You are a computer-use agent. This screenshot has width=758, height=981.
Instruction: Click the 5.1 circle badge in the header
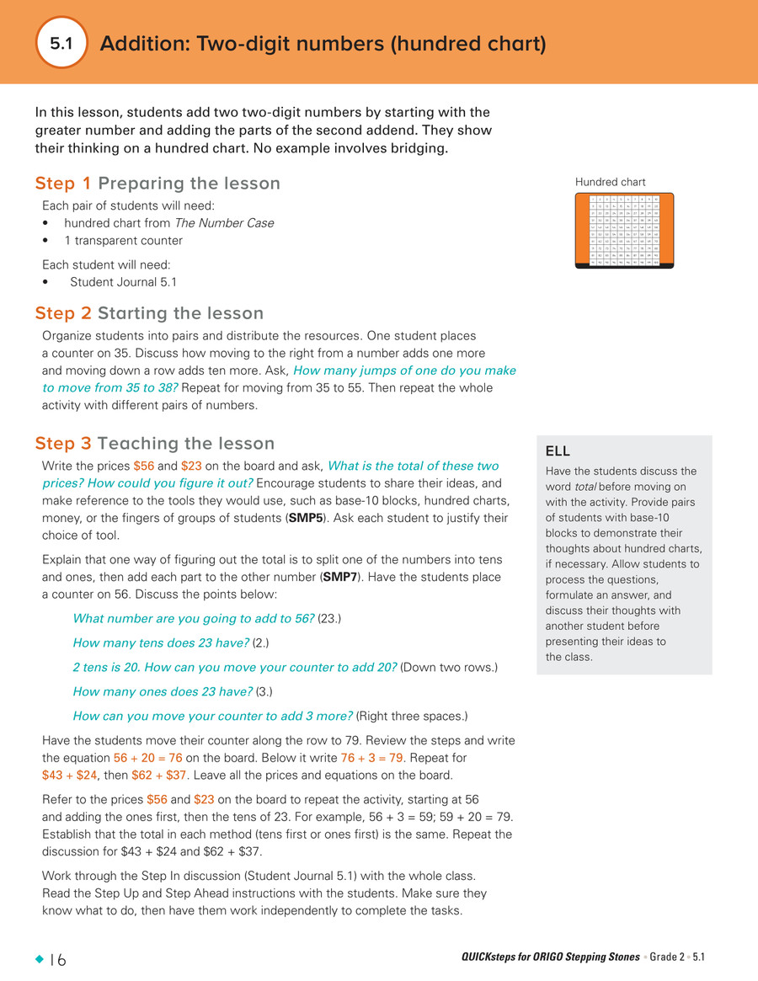click(62, 43)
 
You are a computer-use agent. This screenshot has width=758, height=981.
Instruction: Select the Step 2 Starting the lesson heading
click(149, 313)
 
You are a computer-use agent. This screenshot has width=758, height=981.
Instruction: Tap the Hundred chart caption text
click(611, 182)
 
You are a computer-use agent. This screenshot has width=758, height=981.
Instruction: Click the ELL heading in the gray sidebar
click(558, 452)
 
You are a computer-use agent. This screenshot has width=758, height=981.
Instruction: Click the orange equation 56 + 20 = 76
click(147, 758)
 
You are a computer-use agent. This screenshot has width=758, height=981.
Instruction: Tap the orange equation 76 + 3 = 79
click(370, 758)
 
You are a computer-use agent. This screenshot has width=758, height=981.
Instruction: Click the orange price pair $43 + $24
click(70, 776)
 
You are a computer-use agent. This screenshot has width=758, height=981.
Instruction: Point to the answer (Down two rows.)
click(449, 668)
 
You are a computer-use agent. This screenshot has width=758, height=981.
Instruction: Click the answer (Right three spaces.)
click(412, 717)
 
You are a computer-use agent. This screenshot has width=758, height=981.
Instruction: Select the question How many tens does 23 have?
click(161, 643)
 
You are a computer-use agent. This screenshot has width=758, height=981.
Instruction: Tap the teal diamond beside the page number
click(38, 959)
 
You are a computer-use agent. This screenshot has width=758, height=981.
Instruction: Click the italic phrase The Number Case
click(223, 223)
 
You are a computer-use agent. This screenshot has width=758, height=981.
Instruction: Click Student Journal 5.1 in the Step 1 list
click(123, 282)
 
